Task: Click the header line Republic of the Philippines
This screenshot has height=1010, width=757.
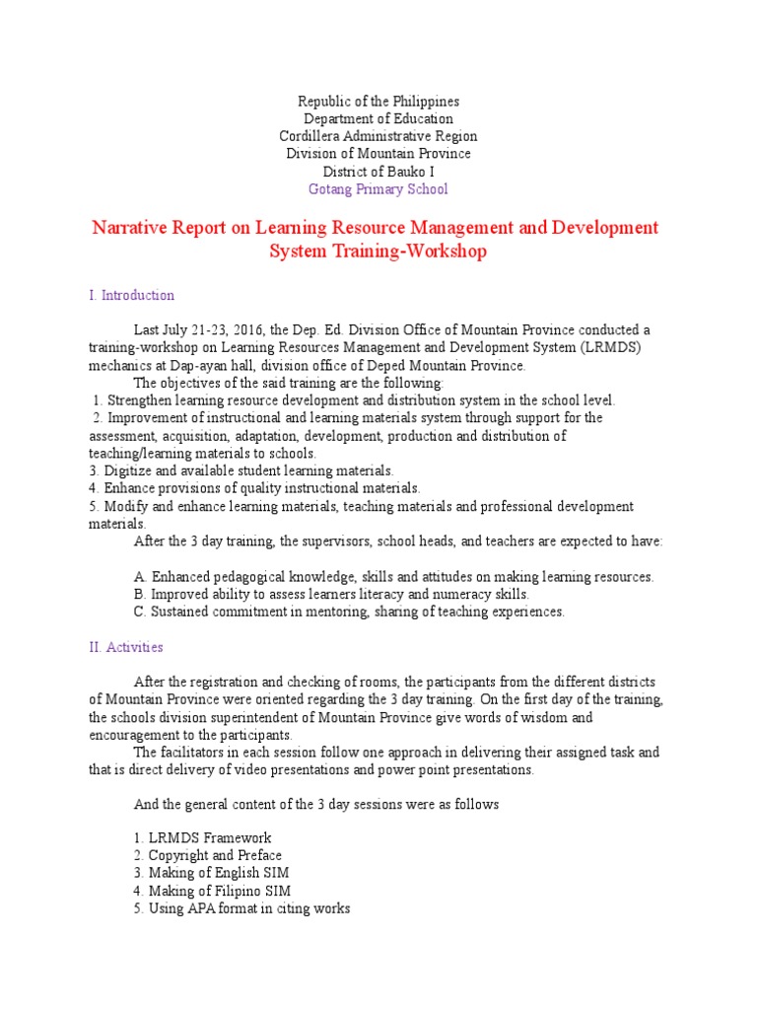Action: click(378, 102)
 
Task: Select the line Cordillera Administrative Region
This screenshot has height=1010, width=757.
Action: click(378, 136)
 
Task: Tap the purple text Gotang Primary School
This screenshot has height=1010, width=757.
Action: click(378, 188)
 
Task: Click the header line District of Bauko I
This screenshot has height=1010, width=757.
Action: click(378, 171)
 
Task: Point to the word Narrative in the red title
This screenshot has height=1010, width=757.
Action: click(133, 228)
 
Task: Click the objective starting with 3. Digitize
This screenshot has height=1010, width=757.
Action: click(241, 470)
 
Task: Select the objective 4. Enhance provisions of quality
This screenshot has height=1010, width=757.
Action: click(254, 488)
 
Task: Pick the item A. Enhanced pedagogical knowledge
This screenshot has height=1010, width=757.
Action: click(392, 576)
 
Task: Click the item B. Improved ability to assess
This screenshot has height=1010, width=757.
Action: click(330, 594)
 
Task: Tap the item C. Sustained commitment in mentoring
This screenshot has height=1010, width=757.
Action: click(349, 612)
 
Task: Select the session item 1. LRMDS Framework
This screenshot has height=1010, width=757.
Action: click(202, 837)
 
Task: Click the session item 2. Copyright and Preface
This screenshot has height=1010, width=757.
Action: click(207, 855)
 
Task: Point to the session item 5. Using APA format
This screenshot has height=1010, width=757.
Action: click(241, 908)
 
